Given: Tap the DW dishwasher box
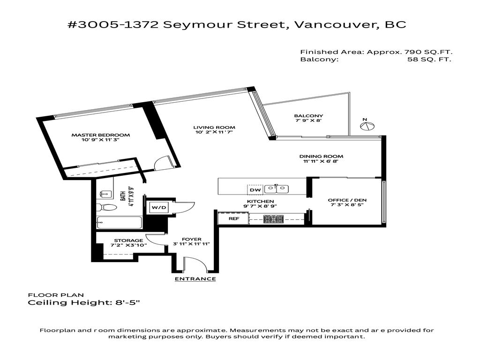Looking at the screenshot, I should (x=255, y=189).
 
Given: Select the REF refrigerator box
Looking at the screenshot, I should (x=233, y=218).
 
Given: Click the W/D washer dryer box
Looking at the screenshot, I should (x=158, y=207).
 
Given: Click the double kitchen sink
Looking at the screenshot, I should (x=277, y=189).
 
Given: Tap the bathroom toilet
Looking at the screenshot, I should (x=106, y=207).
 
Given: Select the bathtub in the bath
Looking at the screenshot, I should (x=119, y=223).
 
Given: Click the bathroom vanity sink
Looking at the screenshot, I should (x=105, y=194).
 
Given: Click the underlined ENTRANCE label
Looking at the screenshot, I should (x=195, y=279).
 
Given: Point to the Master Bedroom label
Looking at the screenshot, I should (x=100, y=135).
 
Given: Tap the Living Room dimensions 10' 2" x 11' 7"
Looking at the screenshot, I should (x=214, y=133).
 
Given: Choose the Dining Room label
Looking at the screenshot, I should (x=321, y=156).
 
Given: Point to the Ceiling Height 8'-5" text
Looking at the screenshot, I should (x=84, y=303).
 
